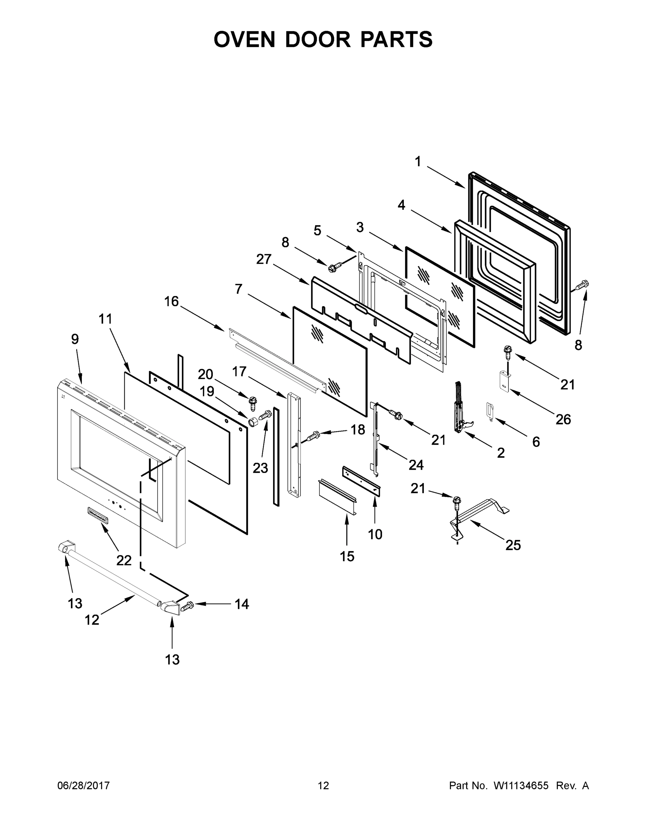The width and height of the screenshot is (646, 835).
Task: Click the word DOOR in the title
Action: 317,39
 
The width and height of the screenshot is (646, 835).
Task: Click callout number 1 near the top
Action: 418,161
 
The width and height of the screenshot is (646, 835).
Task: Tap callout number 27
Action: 264,259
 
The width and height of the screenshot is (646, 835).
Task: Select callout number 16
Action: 171,302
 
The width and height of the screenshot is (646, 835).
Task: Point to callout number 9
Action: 75,339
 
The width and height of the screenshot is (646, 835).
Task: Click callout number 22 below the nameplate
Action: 124,560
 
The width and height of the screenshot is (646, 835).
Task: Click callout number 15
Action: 347,556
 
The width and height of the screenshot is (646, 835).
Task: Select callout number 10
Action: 375,534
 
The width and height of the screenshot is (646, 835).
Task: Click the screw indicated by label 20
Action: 252,402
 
